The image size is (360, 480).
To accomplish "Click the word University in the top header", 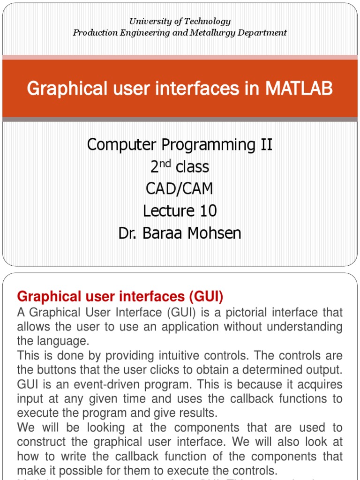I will [148, 22].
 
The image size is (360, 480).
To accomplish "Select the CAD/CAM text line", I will [180, 189].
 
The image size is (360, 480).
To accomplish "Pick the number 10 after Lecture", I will [207, 211].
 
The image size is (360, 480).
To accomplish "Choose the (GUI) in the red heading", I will [206, 297].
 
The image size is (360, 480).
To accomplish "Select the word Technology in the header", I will [207, 22].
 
